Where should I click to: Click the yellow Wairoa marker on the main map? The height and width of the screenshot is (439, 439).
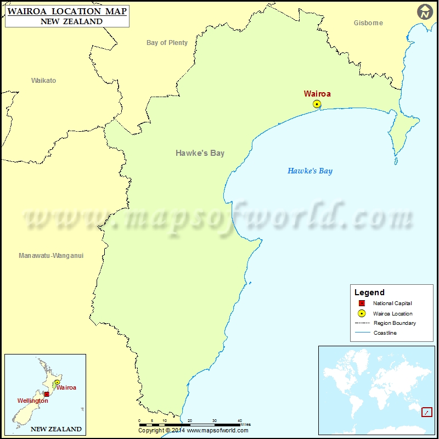click(317, 104)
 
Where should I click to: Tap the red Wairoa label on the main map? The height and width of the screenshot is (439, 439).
click(317, 94)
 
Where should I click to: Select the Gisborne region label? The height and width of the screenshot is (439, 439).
click(368, 23)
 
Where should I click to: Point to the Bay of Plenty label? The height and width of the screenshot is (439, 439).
click(167, 43)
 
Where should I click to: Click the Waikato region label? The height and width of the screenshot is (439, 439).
click(43, 81)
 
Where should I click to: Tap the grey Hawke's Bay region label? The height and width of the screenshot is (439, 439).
click(200, 153)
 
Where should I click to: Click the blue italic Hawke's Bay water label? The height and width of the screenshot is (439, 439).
click(310, 171)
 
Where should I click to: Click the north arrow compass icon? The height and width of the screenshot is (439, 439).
click(424, 12)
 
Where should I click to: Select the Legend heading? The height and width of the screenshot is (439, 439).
click(369, 292)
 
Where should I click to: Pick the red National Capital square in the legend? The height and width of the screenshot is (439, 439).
click(362, 303)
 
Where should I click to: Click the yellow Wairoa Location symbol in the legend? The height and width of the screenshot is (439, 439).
click(362, 313)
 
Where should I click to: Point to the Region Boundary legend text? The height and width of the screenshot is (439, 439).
click(395, 323)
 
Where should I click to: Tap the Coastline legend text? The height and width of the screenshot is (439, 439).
click(385, 333)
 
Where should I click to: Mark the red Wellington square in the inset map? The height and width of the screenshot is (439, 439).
click(47, 394)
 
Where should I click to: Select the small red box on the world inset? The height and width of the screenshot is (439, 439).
click(426, 412)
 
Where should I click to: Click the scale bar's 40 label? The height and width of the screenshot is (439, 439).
click(240, 420)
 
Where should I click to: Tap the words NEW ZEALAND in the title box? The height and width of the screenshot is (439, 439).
click(71, 21)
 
